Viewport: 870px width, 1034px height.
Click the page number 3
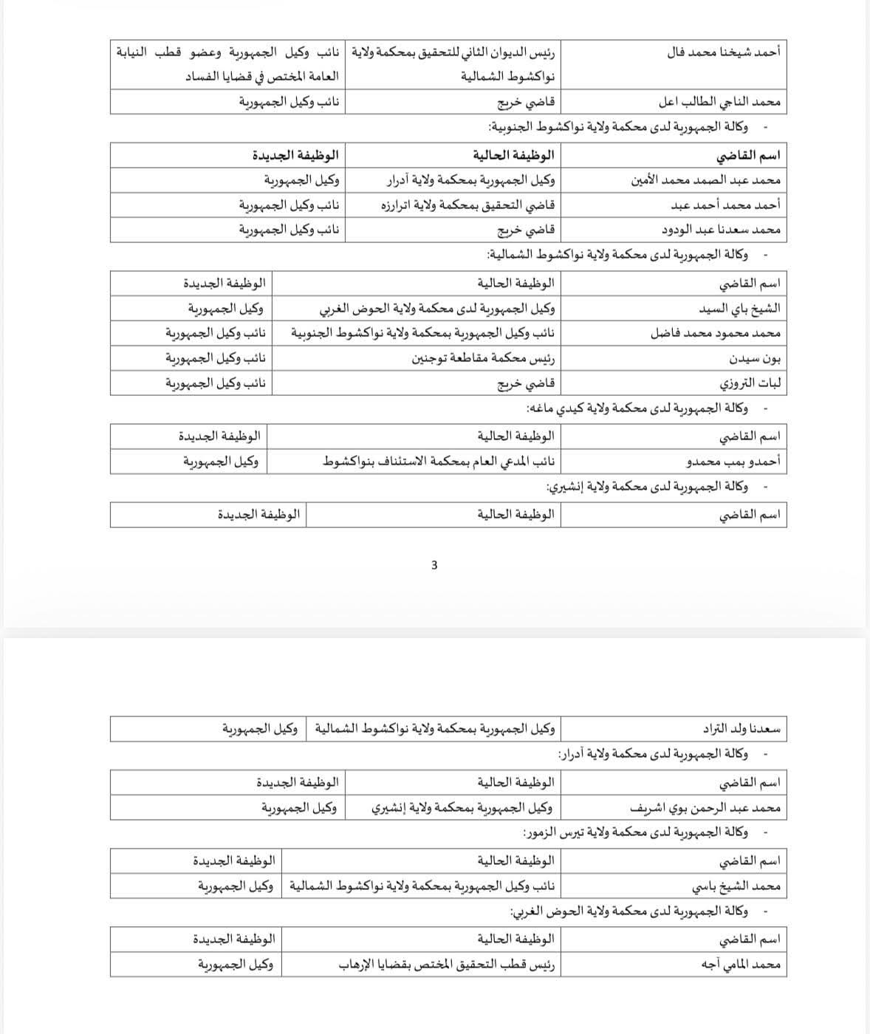coord(434,566)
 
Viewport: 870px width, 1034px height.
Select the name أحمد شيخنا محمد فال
coord(723,52)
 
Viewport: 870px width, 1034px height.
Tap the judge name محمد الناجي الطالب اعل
coord(719,102)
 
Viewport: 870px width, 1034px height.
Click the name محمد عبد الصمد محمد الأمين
coord(706,180)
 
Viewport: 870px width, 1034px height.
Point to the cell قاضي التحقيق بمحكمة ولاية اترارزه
coord(467,205)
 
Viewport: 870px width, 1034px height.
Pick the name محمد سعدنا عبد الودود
coord(721,230)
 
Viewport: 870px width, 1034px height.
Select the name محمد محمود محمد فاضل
coord(716,334)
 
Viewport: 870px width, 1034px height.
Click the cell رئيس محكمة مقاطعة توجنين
coord(483,359)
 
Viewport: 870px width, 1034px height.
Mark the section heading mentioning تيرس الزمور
coord(635,833)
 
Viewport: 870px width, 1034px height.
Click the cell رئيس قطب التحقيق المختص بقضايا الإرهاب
coord(447,965)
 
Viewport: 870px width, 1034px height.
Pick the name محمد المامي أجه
coord(742,965)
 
